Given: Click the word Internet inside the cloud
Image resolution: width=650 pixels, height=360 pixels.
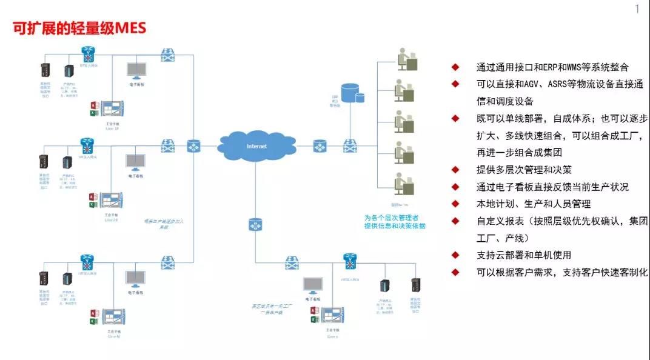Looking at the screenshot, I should tap(256, 146).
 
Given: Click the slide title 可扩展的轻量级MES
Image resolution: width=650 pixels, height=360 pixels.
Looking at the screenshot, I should tap(79, 28).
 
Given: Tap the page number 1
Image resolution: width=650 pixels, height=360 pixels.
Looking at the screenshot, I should tap(637, 8).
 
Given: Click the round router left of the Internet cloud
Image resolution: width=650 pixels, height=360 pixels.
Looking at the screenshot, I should tap(193, 146).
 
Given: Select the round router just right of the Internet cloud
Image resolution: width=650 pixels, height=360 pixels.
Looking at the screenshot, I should tap(320, 146).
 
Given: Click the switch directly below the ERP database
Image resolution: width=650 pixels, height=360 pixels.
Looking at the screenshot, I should tap(350, 146).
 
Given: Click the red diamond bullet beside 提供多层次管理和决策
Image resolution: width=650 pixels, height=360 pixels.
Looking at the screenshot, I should tap(455, 170).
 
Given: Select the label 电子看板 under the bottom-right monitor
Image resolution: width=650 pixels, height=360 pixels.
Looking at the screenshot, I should tap(313, 299).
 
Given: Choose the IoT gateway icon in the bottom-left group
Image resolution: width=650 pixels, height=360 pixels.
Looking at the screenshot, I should tap(87, 262).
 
